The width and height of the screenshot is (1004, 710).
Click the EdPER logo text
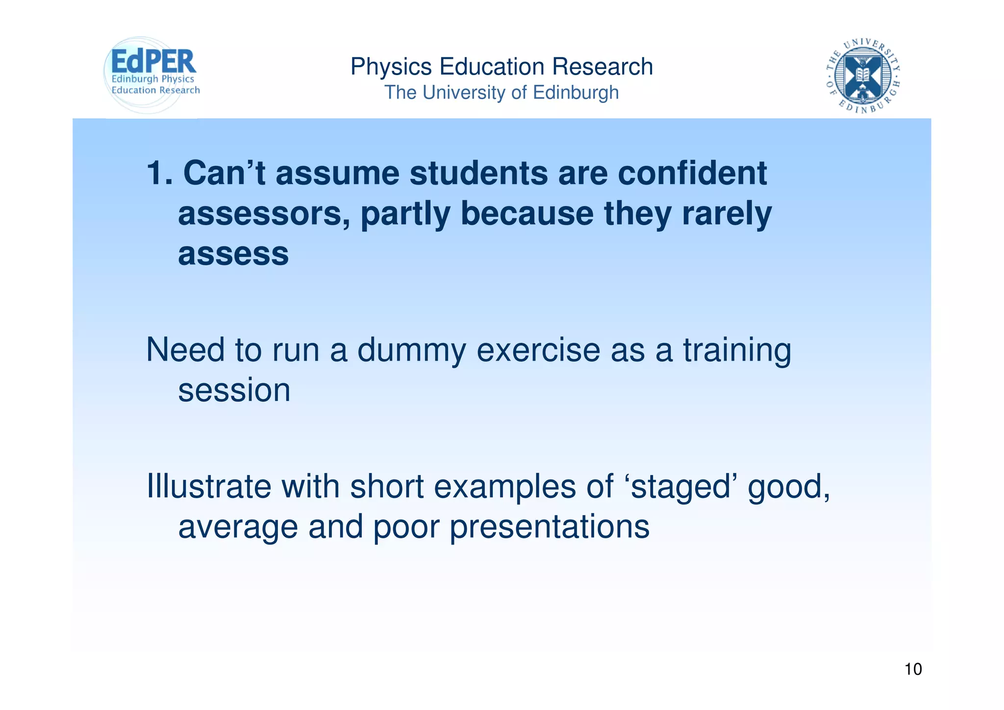click(153, 62)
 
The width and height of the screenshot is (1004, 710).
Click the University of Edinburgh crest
click(863, 75)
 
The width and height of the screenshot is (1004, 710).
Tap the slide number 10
click(913, 669)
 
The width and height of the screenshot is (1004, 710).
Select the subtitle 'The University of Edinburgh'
click(501, 93)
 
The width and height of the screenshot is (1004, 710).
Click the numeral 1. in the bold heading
click(160, 173)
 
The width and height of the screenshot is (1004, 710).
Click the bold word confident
click(692, 173)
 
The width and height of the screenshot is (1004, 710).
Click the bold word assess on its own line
click(233, 254)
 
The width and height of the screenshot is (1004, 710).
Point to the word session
click(234, 391)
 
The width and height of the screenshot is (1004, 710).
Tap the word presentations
click(550, 527)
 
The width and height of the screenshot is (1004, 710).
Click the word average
click(238, 527)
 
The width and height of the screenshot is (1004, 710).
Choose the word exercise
click(538, 350)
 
